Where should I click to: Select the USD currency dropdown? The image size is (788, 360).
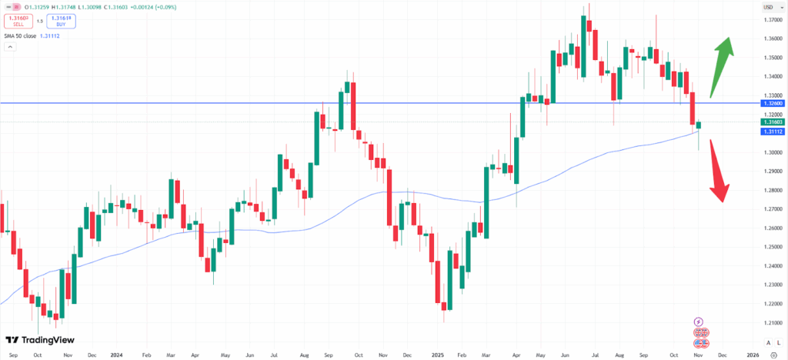tap(767, 7)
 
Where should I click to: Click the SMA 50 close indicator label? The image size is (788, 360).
tap(34, 36)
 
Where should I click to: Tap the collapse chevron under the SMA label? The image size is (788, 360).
tap(11, 47)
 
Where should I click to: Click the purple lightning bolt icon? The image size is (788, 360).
tap(699, 322)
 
